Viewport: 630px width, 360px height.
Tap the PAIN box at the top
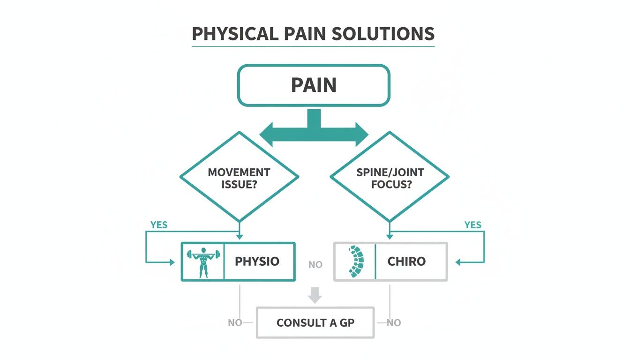coord(314,85)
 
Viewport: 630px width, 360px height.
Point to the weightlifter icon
coord(203,262)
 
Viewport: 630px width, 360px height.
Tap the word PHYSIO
coord(257,262)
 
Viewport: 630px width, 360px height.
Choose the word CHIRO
coord(406,262)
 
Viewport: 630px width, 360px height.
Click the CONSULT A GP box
coord(315,322)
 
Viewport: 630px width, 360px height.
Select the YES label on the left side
coord(159,225)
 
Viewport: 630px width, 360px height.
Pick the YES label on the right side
coord(472,225)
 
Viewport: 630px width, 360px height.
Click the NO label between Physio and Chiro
coord(315,265)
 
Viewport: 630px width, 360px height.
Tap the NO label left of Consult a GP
coord(235,322)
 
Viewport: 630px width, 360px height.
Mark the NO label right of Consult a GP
coord(394,322)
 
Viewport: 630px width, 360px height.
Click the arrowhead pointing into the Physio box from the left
coord(171,262)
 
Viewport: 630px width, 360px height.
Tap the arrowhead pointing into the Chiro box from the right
coord(459,262)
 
